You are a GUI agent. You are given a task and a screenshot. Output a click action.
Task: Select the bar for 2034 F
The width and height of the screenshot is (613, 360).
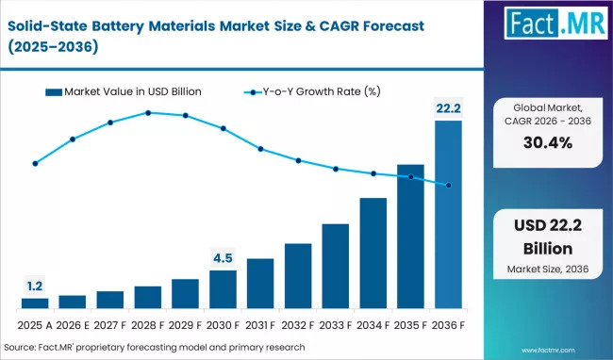[373, 253]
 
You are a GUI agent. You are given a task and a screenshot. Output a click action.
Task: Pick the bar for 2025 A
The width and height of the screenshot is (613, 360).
[35, 303]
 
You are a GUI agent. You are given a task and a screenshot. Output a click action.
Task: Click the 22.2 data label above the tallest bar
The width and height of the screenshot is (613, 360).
[448, 109]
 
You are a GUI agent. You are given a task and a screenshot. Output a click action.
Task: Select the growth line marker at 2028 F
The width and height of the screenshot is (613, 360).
[148, 112]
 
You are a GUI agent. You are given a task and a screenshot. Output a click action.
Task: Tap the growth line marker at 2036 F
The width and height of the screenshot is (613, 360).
[448, 186]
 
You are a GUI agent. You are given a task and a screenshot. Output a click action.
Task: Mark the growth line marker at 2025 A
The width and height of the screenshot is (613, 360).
[35, 163]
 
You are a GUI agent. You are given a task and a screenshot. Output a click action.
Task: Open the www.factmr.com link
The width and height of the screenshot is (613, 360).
[569, 349]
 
